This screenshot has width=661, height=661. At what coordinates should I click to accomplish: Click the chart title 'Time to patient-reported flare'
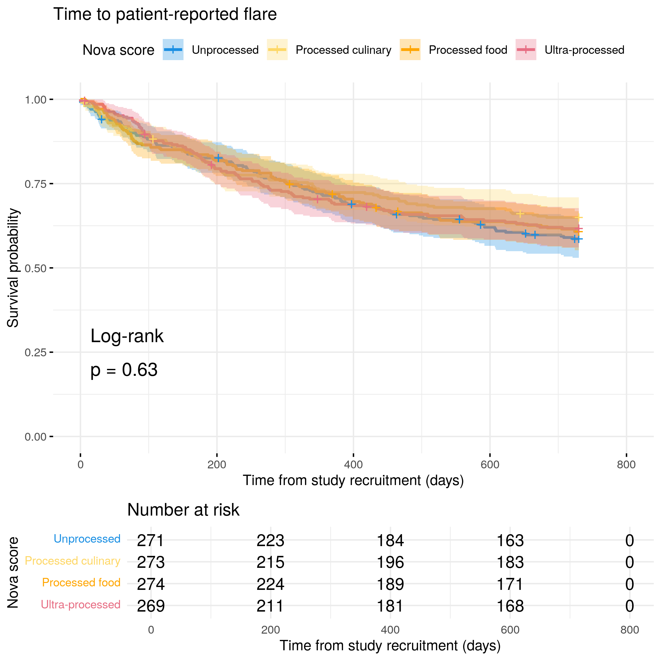pyautogui.click(x=165, y=14)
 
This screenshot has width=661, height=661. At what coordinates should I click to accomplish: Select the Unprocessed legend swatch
pyautogui.click(x=173, y=50)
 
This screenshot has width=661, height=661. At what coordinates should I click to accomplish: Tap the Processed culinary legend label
pyautogui.click(x=343, y=50)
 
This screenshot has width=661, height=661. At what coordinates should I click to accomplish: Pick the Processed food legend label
pyautogui.click(x=468, y=50)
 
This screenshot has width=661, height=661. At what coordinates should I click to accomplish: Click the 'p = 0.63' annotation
pyautogui.click(x=124, y=370)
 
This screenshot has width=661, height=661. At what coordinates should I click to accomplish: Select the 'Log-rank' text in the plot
pyautogui.click(x=127, y=336)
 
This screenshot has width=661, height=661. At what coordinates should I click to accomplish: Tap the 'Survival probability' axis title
pyautogui.click(x=13, y=268)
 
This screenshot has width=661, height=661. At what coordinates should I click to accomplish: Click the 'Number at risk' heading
pyautogui.click(x=183, y=510)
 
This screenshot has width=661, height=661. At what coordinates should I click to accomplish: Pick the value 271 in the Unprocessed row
pyautogui.click(x=151, y=540)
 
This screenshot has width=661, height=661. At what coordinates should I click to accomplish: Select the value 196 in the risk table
pyautogui.click(x=390, y=562)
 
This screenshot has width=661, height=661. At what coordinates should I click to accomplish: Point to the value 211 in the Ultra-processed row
pyautogui.click(x=270, y=606)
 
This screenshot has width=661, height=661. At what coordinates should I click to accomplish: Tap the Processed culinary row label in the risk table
pyautogui.click(x=72, y=561)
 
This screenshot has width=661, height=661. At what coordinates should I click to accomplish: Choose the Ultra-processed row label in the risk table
pyautogui.click(x=81, y=605)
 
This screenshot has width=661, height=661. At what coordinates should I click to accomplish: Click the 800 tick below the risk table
pyautogui.click(x=630, y=630)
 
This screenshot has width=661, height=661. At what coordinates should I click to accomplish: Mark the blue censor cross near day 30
pyautogui.click(x=101, y=119)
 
